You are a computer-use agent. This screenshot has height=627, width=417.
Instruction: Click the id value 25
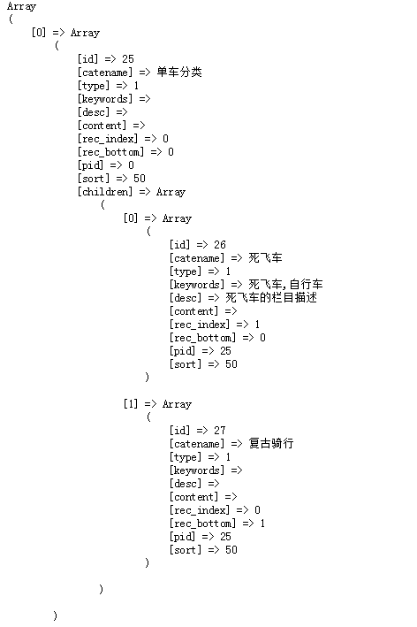pyautogui.click(x=128, y=59)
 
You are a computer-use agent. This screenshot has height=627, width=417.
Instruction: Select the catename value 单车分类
pyautogui.click(x=179, y=72)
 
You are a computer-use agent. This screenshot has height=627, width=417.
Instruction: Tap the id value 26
pyautogui.click(x=220, y=245)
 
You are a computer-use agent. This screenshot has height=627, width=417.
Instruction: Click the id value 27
pyautogui.click(x=220, y=431)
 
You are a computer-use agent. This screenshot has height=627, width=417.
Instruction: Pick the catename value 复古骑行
pyautogui.click(x=271, y=443)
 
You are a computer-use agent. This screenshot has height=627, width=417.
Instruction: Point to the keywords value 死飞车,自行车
pyautogui.click(x=285, y=284)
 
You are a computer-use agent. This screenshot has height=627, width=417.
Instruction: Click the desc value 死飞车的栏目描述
pyautogui.click(x=271, y=297)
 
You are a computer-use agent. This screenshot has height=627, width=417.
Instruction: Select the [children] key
pyautogui.click(x=105, y=192)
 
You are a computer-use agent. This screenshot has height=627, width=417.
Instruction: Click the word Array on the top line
pyautogui.click(x=21, y=6)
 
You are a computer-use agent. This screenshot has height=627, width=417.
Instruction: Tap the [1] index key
pyautogui.click(x=131, y=404)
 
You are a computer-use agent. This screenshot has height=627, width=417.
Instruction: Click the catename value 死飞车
pyautogui.click(x=265, y=258)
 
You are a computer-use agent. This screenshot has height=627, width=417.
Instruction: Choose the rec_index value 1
pyautogui.click(x=257, y=325)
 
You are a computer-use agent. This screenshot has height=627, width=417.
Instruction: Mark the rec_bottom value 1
pyautogui.click(x=262, y=524)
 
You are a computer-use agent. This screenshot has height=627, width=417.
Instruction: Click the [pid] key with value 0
pyautogui.click(x=90, y=165)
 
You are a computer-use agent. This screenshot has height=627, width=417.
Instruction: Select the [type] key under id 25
pyautogui.click(x=94, y=86)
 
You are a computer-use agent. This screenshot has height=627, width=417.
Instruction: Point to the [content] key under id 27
pyautogui.click(x=194, y=497)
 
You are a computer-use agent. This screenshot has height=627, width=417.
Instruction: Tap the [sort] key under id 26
pyautogui.click(x=186, y=364)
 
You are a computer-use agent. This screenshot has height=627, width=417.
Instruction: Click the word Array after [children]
pyautogui.click(x=171, y=192)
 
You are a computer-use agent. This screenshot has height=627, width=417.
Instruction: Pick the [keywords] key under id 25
pyautogui.click(x=105, y=99)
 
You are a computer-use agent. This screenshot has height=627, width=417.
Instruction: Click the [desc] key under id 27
pyautogui.click(x=186, y=484)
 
